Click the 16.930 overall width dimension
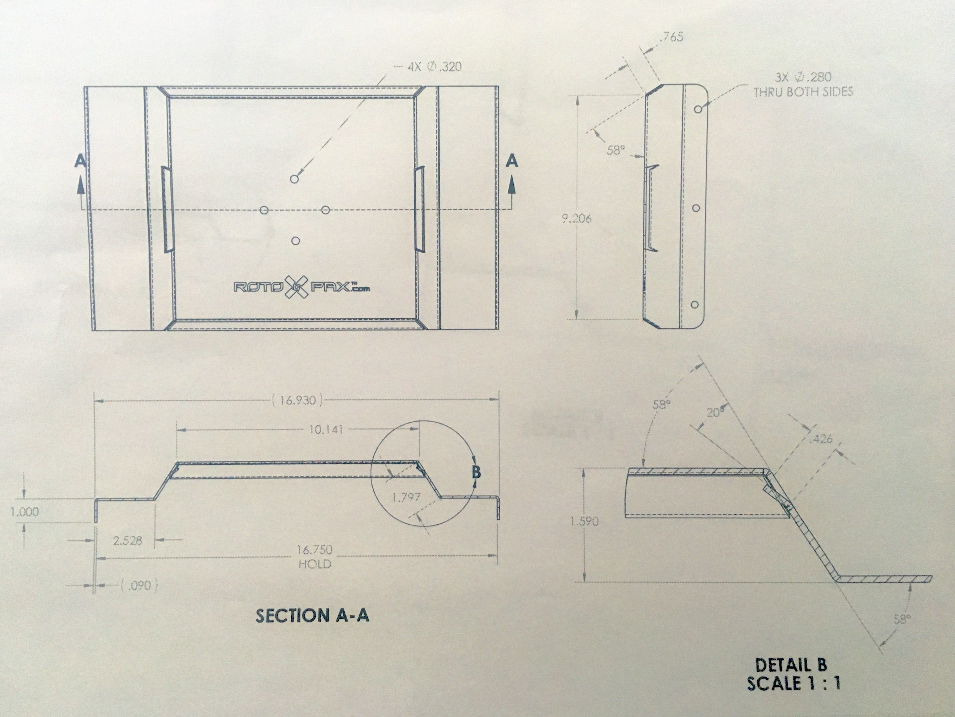click(297, 400)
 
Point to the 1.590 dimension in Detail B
click(584, 521)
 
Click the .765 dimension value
click(672, 37)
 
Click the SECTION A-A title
click(312, 615)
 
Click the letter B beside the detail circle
click(476, 472)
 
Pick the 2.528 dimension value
click(127, 540)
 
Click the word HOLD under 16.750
click(315, 564)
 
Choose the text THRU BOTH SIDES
click(803, 92)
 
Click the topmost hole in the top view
click(295, 179)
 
